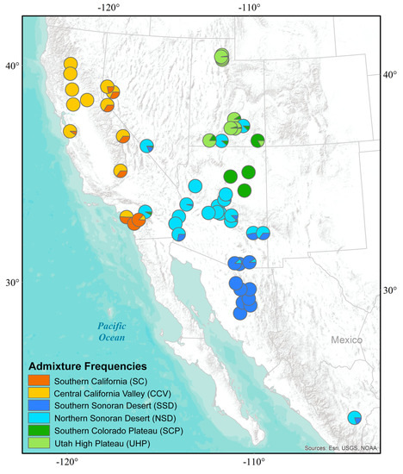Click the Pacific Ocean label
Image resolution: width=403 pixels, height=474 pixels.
(111, 331)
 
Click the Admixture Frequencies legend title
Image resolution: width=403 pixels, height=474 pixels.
(87, 365)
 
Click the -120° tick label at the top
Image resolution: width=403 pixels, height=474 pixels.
(108, 9)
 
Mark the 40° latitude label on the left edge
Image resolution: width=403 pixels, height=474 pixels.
(12, 65)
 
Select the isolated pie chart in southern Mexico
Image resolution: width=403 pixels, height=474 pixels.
(354, 418)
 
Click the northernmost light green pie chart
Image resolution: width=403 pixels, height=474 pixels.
(222, 57)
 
